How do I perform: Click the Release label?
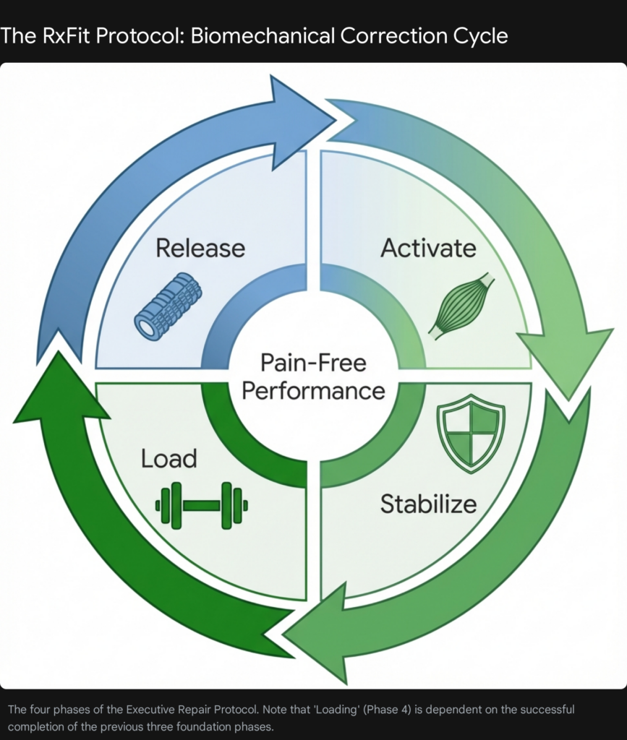(200, 248)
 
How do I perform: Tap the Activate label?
(428, 248)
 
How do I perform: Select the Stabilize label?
(428, 503)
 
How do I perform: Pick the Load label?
(169, 458)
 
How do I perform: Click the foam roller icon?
(168, 306)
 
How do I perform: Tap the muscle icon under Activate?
(461, 306)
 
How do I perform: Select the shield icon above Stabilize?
(471, 433)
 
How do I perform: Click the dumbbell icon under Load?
(202, 504)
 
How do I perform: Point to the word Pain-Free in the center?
(313, 361)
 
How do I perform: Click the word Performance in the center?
(313, 391)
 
